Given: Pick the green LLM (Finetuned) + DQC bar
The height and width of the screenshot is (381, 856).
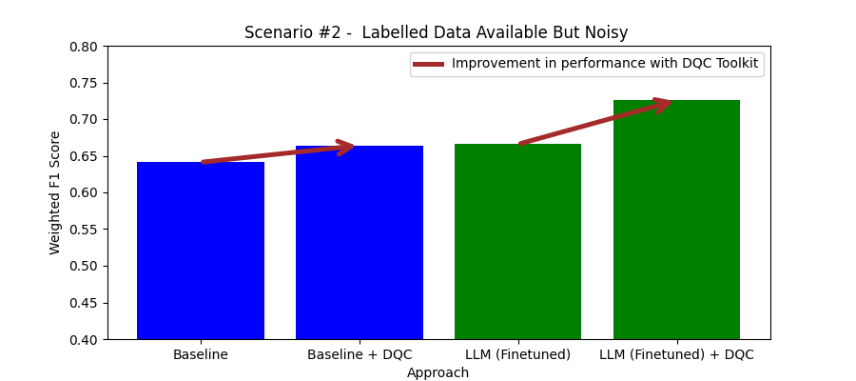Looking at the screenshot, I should [676, 220].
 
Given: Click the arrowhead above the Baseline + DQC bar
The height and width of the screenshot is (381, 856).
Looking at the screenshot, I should [347, 147].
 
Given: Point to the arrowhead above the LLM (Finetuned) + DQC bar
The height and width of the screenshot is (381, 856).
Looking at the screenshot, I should [664, 103].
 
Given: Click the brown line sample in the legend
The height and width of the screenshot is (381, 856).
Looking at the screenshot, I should [428, 64].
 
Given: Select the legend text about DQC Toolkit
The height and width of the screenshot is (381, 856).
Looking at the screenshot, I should [605, 64].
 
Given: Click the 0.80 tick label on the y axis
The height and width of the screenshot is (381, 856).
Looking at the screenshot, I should [83, 47].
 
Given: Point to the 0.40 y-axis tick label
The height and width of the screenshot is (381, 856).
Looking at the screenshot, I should [83, 340].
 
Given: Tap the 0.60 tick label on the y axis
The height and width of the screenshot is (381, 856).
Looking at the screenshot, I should [83, 193].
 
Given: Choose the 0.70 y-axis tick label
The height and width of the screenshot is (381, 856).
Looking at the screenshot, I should [83, 120].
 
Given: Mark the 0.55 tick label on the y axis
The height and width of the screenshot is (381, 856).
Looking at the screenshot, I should [83, 230].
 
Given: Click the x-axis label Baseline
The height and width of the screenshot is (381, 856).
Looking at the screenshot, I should [200, 355].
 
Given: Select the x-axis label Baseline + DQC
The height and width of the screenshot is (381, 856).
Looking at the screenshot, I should [360, 355].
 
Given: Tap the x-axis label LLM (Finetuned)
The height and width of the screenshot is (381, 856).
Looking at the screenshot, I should [517, 355].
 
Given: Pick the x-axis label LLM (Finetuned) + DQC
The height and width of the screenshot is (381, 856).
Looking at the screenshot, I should [676, 355].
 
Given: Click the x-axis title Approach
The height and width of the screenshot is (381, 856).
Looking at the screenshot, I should [438, 372].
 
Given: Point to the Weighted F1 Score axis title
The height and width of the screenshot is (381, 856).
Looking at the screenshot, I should [55, 192].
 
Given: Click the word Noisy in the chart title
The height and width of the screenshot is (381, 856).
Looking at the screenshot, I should [607, 32].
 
